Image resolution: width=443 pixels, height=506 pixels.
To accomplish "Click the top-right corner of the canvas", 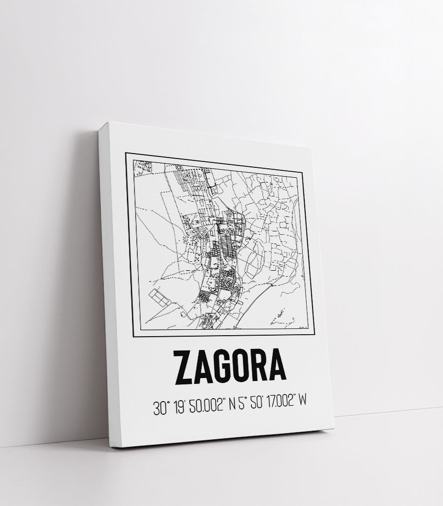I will tap(313, 147).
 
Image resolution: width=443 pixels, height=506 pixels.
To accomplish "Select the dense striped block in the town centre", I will tap(228, 246).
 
